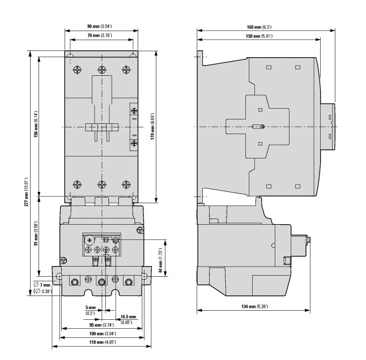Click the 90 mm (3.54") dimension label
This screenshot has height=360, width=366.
[100, 27]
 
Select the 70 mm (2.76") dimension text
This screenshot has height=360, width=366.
[100, 36]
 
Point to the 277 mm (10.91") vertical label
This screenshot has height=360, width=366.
[27, 192]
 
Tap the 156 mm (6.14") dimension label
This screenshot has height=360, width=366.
[36, 125]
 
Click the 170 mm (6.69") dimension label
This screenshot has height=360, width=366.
[152, 127]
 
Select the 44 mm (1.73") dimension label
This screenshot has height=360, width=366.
[160, 260]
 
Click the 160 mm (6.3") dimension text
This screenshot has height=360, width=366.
[259, 27]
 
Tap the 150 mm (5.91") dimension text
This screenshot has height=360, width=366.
[259, 36]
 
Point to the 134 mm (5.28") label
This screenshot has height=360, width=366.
[254, 306]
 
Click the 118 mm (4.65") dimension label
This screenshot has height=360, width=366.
[103, 342]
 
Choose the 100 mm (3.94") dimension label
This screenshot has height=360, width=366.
[103, 333]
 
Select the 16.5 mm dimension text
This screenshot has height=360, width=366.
[128, 317]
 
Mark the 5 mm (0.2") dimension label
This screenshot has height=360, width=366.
[91, 310]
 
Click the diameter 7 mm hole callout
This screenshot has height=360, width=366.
[42, 288]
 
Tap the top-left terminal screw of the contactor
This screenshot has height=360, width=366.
[77, 70]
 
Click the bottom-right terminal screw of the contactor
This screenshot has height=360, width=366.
[126, 185]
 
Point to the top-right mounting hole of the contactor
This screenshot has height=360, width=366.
[133, 55]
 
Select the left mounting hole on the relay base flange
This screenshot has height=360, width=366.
[59, 277]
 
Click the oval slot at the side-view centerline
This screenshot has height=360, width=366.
[258, 127]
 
